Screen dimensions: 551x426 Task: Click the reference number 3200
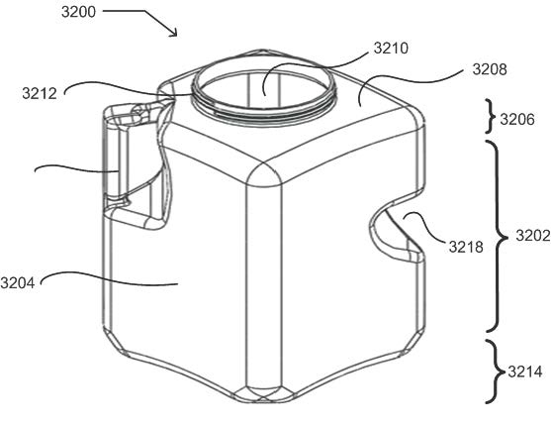coord(78,12)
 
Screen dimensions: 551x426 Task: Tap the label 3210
coord(391,49)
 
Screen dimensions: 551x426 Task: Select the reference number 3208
coord(490,69)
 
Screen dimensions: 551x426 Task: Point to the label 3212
coord(40,94)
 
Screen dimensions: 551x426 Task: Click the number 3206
coord(517,119)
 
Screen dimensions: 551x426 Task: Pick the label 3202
coord(533,235)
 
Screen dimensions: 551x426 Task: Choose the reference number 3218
coord(466,247)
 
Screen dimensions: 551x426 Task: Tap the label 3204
coord(18,282)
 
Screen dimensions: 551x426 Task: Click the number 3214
coord(525,372)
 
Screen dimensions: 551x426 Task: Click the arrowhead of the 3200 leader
coord(175,34)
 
